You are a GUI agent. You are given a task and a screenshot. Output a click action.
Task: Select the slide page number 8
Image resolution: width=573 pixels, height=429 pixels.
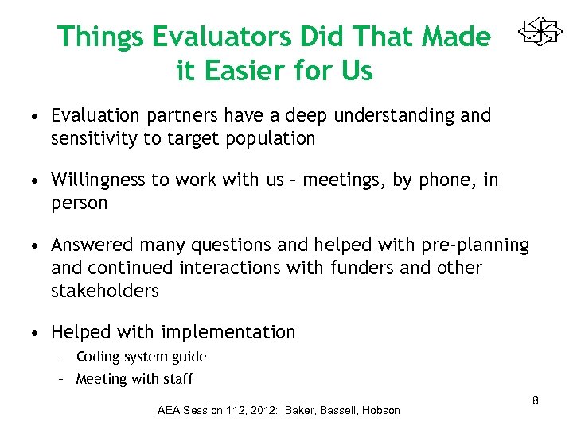click(536, 400)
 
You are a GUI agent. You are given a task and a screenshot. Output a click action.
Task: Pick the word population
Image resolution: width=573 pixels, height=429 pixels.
click(272, 139)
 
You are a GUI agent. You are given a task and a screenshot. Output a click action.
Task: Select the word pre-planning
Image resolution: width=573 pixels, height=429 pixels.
click(476, 245)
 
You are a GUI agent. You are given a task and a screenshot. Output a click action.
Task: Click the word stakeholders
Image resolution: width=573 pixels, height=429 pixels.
click(104, 291)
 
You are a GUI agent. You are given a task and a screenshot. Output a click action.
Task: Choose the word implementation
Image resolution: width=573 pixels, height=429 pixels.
click(228, 332)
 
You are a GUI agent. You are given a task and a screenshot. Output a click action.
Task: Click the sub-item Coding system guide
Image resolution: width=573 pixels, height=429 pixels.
click(141, 357)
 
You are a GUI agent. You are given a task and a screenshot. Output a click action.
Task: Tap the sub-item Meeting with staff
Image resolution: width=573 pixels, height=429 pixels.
click(134, 379)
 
